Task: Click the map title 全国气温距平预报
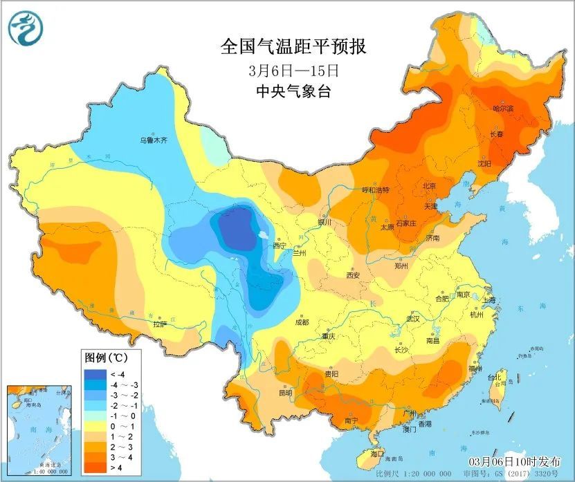click(x=293, y=47)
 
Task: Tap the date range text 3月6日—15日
click(x=293, y=70)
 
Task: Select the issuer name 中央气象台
click(x=293, y=91)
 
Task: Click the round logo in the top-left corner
click(x=26, y=28)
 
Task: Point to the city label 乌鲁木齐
click(x=154, y=140)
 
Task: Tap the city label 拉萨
click(x=160, y=324)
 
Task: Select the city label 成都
click(x=301, y=322)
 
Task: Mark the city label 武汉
click(x=413, y=319)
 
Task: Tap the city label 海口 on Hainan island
click(x=376, y=454)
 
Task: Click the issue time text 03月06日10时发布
click(x=511, y=461)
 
